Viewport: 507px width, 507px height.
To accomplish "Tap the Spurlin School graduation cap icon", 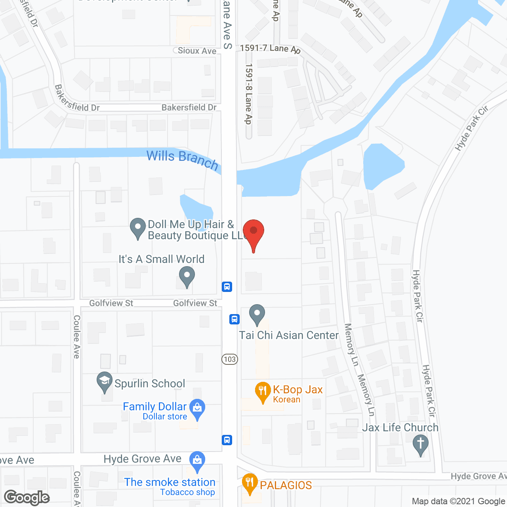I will tap(105, 381).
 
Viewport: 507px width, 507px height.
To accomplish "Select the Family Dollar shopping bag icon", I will tap(197, 408).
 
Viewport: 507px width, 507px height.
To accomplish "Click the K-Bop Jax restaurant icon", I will tap(262, 391).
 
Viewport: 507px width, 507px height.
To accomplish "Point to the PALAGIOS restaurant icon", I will tap(250, 483).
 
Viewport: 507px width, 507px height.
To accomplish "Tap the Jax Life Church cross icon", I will tap(421, 444).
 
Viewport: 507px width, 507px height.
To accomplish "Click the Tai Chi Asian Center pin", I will tap(257, 313).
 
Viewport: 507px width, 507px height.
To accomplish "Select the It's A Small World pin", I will tap(187, 276).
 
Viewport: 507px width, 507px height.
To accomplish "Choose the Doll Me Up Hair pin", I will tap(138, 228).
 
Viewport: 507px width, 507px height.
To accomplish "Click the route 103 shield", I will tap(230, 359).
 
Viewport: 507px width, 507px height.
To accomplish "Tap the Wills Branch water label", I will tap(183, 159).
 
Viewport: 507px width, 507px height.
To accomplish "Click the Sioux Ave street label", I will tap(197, 51).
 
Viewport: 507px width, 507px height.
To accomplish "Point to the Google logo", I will tap(27, 497).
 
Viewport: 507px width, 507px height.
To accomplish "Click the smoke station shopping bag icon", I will tap(197, 461).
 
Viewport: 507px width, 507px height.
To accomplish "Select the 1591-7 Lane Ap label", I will tap(270, 48).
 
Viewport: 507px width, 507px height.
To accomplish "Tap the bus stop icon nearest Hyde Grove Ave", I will tap(227, 440).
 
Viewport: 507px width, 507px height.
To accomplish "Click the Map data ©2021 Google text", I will tap(459, 501).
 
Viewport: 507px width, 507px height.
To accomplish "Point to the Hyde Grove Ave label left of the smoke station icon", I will tap(143, 459).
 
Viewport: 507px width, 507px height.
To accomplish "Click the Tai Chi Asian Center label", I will tap(289, 335).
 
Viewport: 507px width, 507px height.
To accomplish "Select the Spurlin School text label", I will tap(150, 383).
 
